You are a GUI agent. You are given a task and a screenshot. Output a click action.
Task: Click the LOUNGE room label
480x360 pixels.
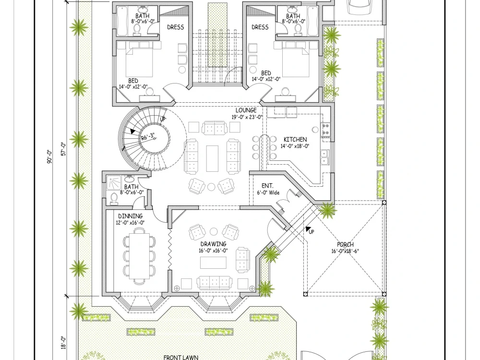[246, 110]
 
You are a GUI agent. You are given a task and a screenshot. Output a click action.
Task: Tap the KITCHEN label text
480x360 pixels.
[295, 140]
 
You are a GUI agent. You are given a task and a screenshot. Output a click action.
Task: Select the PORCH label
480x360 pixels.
[345, 245]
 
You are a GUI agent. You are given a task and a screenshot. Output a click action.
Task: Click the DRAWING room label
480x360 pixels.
[213, 244]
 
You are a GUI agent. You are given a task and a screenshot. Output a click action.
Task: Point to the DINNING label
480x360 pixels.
[131, 216]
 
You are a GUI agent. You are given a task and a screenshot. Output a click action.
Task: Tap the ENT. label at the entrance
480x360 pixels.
[267, 185]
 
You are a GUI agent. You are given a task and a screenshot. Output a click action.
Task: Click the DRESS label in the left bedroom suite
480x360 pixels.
[175, 27]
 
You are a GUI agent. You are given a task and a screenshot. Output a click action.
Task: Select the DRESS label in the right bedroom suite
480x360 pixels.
[260, 27]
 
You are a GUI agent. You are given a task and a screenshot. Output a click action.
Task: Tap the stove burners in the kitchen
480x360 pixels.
[326, 128]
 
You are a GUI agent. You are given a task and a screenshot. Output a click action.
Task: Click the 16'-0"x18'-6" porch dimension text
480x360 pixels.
[345, 251]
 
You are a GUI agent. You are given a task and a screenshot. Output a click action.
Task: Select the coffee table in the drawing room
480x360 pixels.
[213, 263]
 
